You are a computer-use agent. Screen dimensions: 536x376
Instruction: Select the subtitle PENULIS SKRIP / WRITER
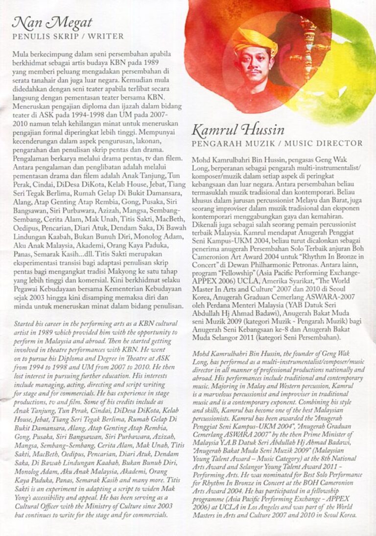click(x=68, y=36)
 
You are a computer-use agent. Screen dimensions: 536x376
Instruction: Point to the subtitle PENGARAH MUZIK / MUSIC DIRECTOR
click(x=277, y=143)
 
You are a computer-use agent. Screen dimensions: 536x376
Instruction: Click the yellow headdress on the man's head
click(x=255, y=41)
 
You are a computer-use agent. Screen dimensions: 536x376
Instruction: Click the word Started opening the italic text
click(x=24, y=324)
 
